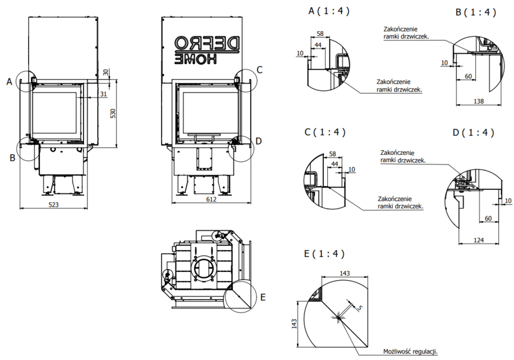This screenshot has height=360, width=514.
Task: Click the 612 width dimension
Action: click(x=211, y=199)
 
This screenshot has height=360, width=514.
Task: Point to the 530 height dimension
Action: click(x=113, y=113)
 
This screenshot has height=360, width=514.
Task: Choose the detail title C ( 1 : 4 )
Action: click(x=326, y=132)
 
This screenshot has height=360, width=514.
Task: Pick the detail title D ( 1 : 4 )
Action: click(x=473, y=133)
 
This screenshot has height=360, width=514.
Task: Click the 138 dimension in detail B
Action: click(x=479, y=101)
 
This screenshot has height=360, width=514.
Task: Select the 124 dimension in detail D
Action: click(x=479, y=240)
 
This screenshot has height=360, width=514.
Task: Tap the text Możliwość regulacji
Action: click(x=415, y=352)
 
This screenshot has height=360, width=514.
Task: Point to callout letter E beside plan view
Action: click(x=262, y=297)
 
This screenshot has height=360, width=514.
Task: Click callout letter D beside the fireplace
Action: click(x=259, y=141)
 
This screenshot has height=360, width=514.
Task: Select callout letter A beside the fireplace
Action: click(x=9, y=82)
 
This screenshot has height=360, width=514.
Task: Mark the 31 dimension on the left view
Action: click(x=103, y=94)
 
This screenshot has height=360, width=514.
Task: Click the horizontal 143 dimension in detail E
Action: click(x=344, y=274)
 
